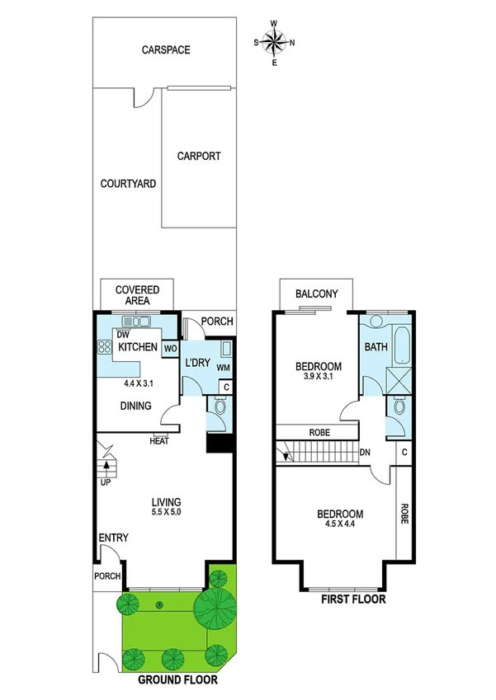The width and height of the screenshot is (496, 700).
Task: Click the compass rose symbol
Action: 276,42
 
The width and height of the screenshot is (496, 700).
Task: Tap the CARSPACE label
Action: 165,50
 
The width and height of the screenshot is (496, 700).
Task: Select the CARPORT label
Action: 199,156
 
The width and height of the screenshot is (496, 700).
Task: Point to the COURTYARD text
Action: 128,184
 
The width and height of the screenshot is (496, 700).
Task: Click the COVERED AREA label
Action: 137,295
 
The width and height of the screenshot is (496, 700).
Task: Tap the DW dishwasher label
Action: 123,335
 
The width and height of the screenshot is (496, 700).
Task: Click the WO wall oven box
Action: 170,349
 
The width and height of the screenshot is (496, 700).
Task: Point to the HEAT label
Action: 159,441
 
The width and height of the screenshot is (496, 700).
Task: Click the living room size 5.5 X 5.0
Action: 166,513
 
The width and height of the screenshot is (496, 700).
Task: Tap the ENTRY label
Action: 113,538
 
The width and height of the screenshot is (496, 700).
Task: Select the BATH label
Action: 376,348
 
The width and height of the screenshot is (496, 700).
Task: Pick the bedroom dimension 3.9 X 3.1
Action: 319,378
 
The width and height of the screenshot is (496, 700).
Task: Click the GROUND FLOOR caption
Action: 177,681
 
